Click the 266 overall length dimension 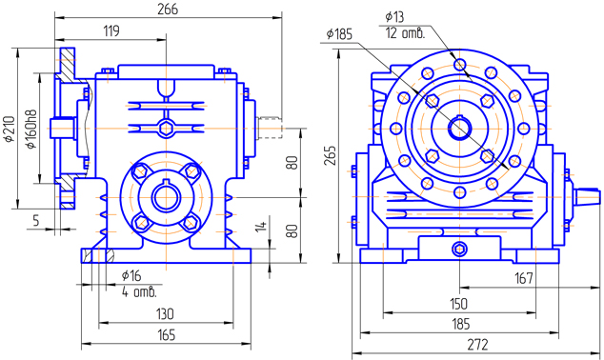click(168, 10)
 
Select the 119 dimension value click(111, 30)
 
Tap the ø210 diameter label click(10, 129)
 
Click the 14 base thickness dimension click(261, 226)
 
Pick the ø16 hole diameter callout click(131, 275)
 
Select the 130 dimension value click(165, 314)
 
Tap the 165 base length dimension click(167, 335)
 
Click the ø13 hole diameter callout click(394, 17)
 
